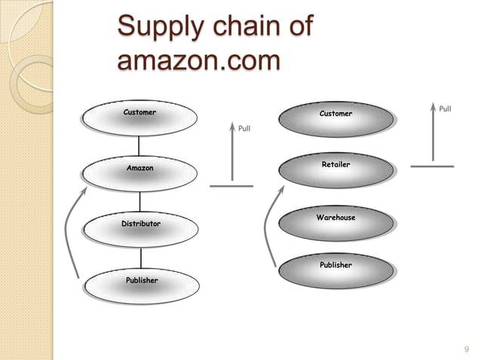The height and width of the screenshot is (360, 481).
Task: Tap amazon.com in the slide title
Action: point(198,60)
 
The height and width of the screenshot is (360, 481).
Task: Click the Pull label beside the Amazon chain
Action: point(244,129)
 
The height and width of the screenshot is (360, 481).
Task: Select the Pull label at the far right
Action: point(445,109)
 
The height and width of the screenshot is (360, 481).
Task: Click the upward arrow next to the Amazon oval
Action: point(231,155)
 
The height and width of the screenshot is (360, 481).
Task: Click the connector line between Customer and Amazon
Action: point(139,146)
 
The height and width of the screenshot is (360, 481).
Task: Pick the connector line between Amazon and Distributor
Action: point(139,200)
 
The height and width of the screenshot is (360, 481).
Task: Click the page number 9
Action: point(466,347)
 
